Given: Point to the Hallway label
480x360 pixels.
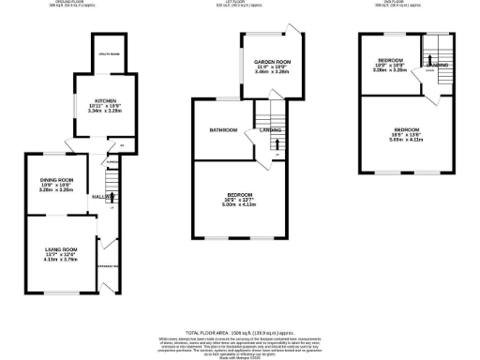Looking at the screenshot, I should coord(101,197).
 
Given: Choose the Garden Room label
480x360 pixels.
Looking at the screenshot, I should coord(273,61).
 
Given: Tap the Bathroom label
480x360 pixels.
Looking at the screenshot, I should coord(223,130).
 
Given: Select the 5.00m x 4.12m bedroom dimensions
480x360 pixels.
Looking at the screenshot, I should coord(241,203).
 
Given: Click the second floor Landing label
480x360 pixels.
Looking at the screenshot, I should coord(435,65).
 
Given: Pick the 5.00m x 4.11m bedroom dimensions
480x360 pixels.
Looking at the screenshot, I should coord(406,139).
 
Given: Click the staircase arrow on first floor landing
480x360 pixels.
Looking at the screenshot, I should coord(277,142).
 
